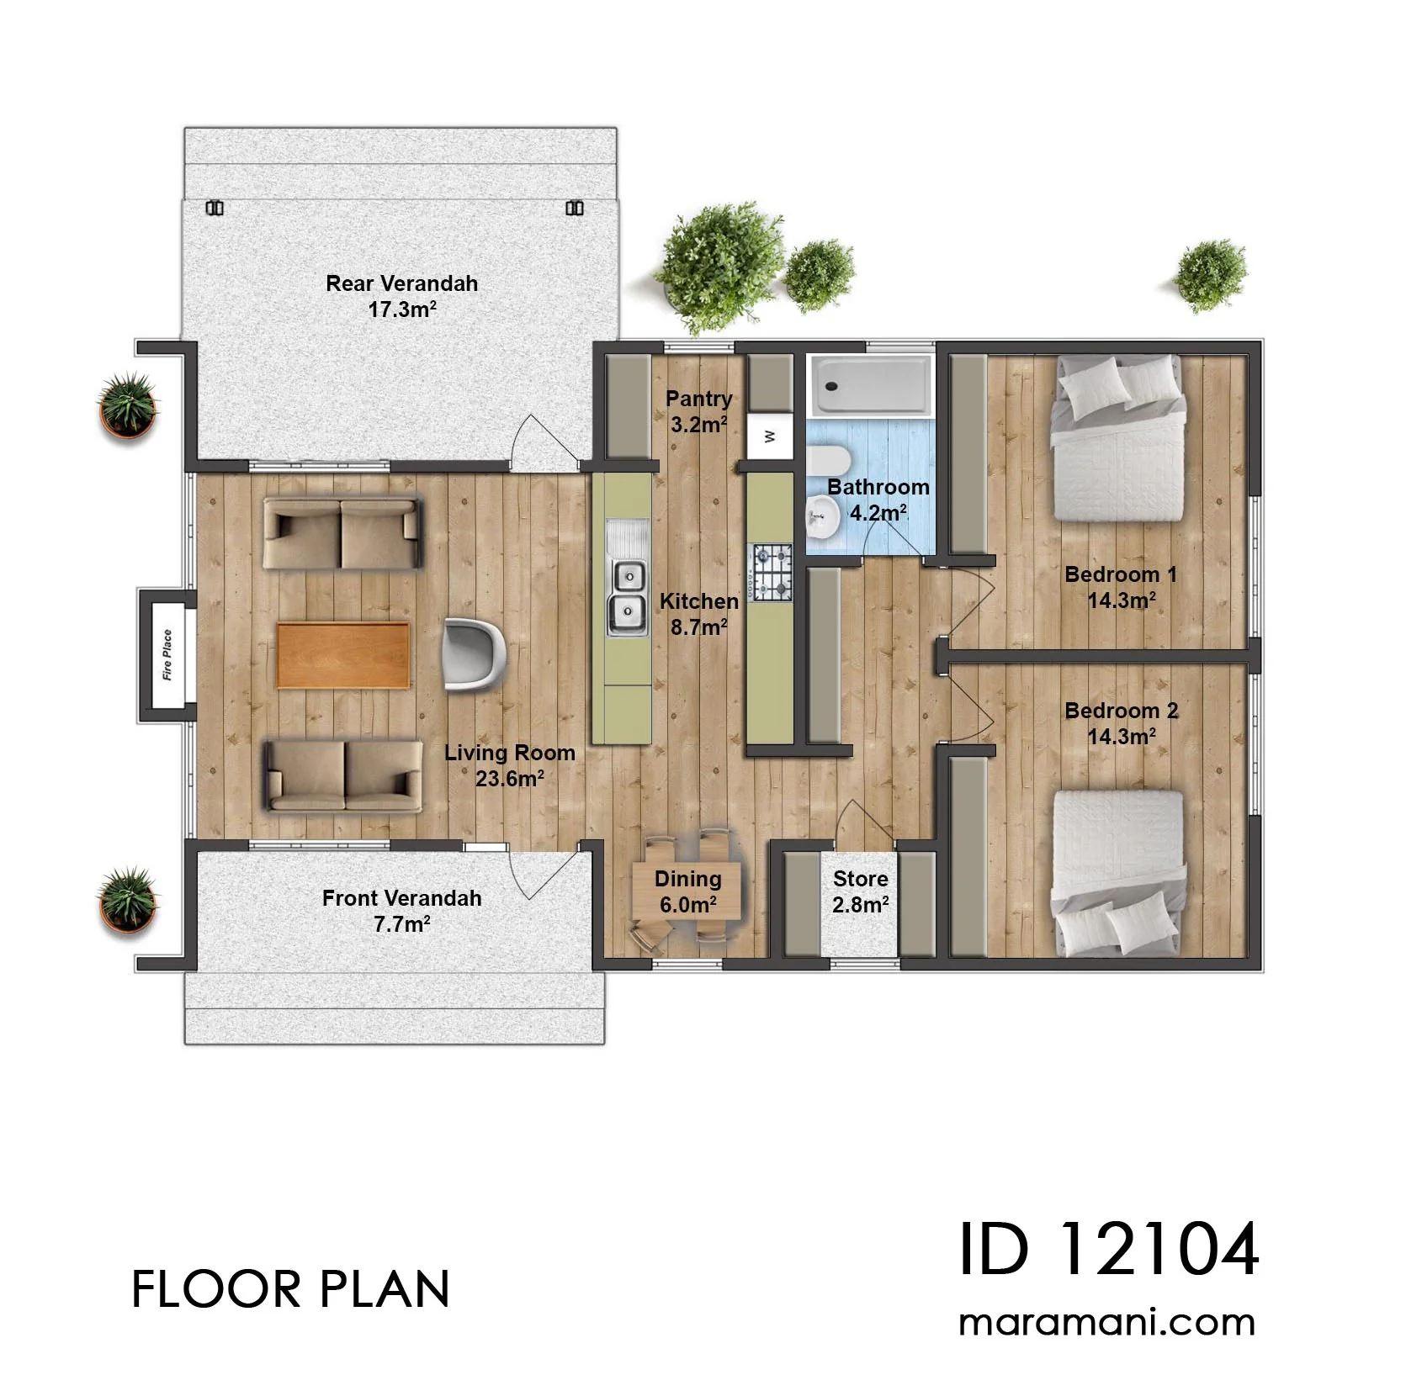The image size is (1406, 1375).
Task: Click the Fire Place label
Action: tap(167, 654)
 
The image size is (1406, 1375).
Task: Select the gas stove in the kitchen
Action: tap(772, 573)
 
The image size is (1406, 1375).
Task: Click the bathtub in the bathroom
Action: tap(870, 386)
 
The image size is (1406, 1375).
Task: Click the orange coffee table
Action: tap(343, 655)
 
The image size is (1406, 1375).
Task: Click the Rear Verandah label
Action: tap(401, 283)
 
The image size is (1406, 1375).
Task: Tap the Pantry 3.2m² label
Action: tap(699, 411)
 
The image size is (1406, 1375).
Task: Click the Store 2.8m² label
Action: tap(861, 891)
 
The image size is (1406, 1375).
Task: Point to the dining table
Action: tap(687, 891)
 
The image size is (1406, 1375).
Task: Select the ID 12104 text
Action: tap(1109, 1249)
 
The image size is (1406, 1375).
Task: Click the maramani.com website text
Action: tap(1106, 1323)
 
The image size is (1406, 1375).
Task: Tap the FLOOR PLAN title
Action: tap(290, 1289)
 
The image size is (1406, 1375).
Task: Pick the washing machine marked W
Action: tap(770, 436)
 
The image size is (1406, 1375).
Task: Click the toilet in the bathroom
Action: tap(828, 462)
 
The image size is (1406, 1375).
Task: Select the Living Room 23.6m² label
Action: tap(510, 765)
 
